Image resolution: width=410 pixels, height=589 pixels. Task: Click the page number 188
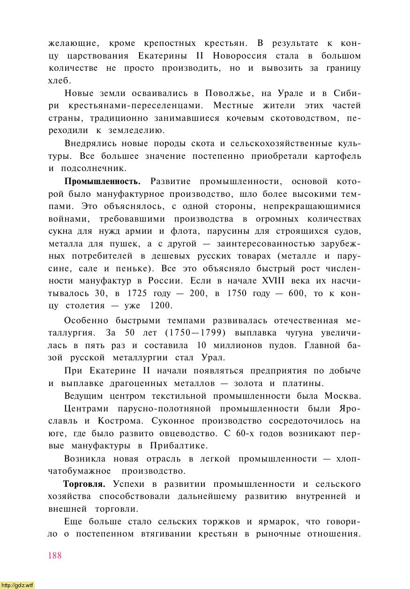click(55, 556)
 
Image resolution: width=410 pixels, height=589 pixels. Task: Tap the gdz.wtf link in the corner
click(17, 585)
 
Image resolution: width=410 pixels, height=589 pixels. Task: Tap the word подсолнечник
click(93, 168)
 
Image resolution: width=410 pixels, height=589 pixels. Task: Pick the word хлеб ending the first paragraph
click(58, 81)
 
